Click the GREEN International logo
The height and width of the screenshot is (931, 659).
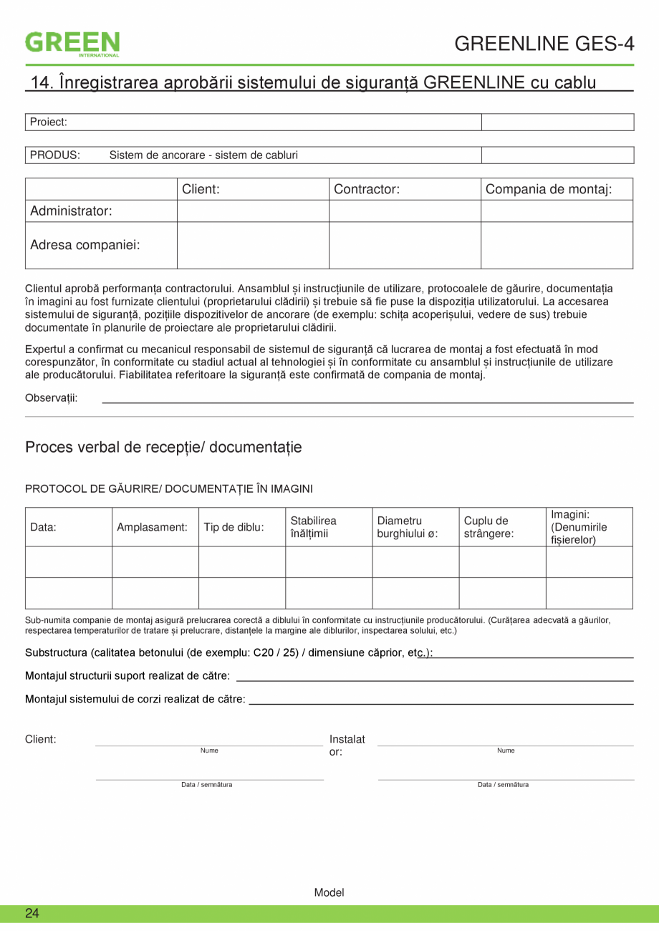click(x=72, y=43)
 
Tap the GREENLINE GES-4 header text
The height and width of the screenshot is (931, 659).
click(x=544, y=44)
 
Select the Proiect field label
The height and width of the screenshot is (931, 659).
click(x=49, y=122)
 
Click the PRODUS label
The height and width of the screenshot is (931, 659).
click(x=54, y=155)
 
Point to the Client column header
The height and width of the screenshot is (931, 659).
click(x=201, y=190)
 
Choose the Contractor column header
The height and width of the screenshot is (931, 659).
click(x=367, y=190)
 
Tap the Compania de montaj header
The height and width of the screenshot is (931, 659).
click(x=549, y=190)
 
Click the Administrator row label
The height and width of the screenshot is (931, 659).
click(x=71, y=211)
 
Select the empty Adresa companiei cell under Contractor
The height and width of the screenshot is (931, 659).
click(x=404, y=245)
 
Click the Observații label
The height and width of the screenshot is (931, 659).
click(x=52, y=398)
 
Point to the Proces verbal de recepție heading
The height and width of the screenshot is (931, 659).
click(x=163, y=448)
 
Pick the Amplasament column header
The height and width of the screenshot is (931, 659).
click(x=152, y=527)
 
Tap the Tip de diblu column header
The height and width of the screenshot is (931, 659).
click(x=234, y=527)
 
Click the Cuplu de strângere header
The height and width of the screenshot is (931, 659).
click(x=489, y=527)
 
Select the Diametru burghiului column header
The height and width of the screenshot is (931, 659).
click(x=407, y=527)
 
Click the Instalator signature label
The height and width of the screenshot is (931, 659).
click(x=347, y=746)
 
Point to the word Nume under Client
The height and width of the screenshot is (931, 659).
click(x=209, y=751)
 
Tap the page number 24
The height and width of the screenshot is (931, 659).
click(x=32, y=913)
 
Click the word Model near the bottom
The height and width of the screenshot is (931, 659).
click(x=329, y=892)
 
